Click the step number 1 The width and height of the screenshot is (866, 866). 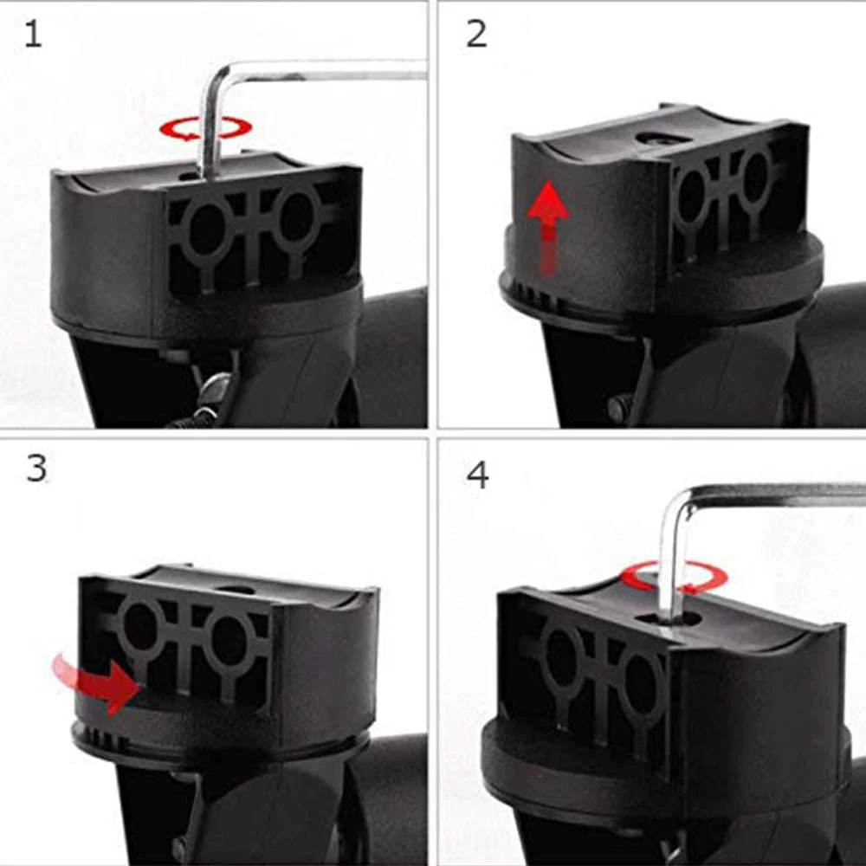click(32, 35)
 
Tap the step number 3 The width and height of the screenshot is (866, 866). click(36, 468)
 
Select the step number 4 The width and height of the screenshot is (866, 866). click(477, 475)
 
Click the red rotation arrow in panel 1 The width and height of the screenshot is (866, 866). click(205, 129)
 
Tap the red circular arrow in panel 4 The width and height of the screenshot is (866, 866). click(676, 577)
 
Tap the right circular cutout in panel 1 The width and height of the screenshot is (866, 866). click(297, 216)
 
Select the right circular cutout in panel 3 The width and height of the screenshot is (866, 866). click(228, 640)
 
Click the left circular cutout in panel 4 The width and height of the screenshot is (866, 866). click(561, 660)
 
